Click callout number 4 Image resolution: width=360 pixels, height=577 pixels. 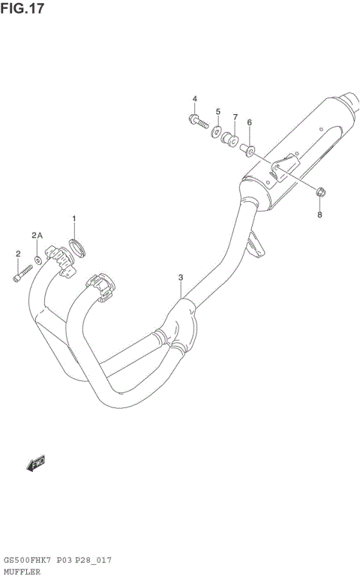click(x=194, y=99)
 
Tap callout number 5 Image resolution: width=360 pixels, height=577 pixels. click(x=218, y=111)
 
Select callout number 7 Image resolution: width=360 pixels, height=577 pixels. click(x=235, y=117)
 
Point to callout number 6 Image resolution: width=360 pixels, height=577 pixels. click(x=249, y=122)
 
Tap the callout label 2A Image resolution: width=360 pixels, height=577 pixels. click(x=37, y=236)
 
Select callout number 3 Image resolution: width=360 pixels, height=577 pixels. click(x=181, y=278)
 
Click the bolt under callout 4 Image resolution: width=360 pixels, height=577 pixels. click(x=196, y=120)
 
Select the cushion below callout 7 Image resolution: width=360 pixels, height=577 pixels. click(x=231, y=140)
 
